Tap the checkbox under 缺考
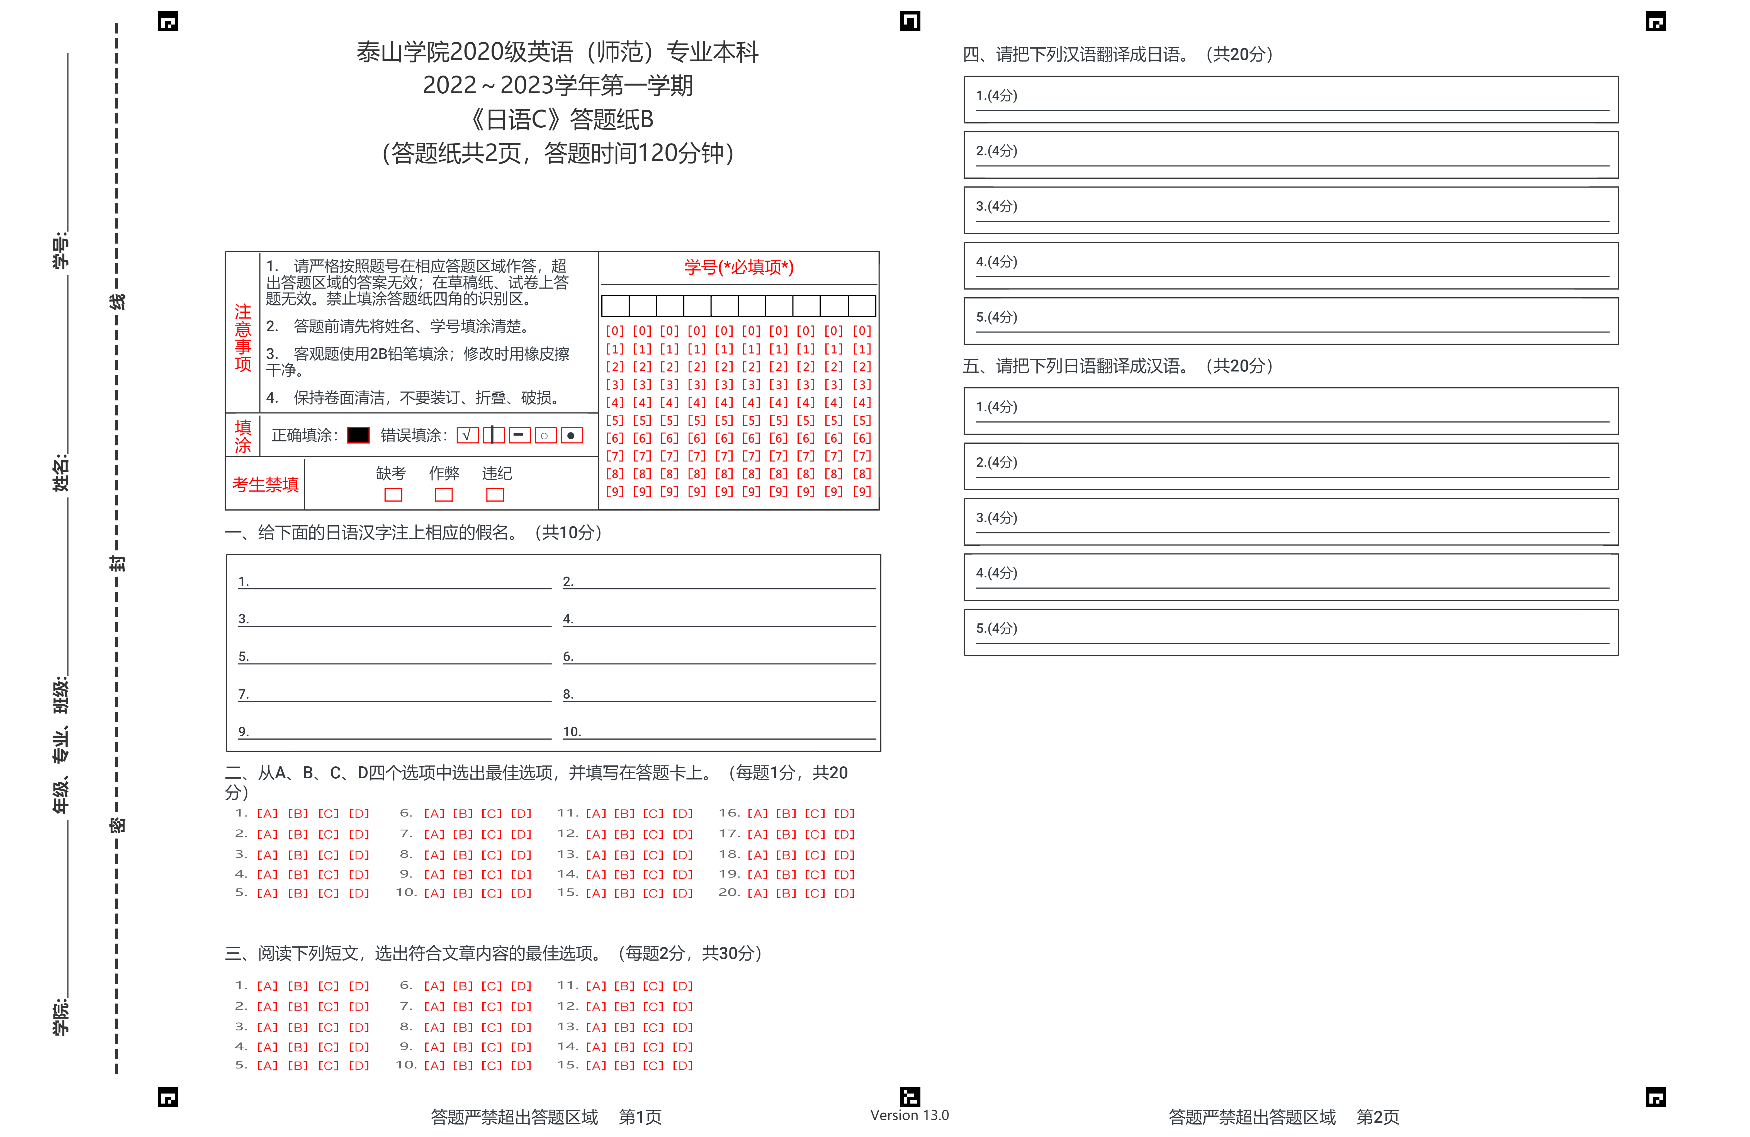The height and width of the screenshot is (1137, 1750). tap(393, 495)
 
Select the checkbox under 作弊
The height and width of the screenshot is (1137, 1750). tap(443, 495)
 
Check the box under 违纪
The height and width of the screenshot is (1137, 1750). tap(495, 495)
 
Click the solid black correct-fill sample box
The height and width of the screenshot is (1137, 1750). tap(358, 435)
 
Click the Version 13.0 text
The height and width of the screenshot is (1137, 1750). tap(910, 1115)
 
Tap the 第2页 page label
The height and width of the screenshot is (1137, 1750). tap(1377, 1117)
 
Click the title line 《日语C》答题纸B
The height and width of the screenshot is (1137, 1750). tap(560, 119)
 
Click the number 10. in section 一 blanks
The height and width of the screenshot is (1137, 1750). tap(571, 732)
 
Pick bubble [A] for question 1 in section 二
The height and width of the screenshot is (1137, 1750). tap(267, 813)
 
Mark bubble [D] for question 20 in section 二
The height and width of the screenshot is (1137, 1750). tap(844, 893)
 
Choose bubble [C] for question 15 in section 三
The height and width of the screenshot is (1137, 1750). tap(653, 1066)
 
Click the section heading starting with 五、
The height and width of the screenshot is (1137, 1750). tap(1118, 366)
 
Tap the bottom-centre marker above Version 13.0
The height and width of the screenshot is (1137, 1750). tap(910, 1097)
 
